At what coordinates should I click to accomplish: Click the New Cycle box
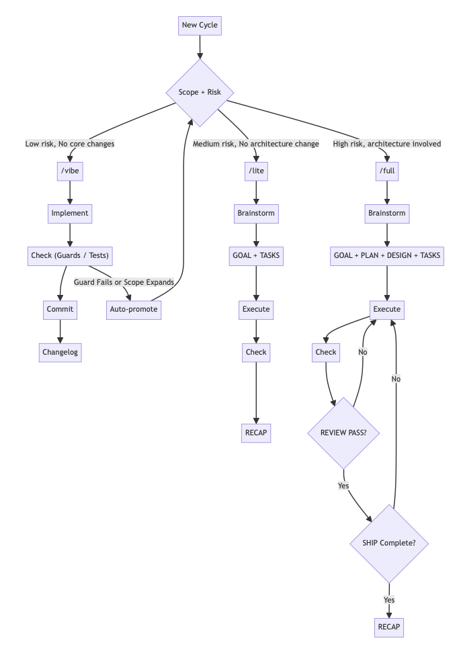(200, 26)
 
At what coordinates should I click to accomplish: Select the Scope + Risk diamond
(200, 92)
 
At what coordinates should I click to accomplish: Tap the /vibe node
(70, 171)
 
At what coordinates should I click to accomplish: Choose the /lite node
(256, 171)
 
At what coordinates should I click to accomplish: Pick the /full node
(387, 171)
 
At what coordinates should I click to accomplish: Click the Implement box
(70, 214)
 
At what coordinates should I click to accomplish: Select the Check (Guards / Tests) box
(70, 255)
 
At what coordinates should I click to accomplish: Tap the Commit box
(60, 309)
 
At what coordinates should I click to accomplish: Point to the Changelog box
(60, 352)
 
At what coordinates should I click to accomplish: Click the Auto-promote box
(134, 309)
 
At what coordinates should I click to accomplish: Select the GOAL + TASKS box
(256, 255)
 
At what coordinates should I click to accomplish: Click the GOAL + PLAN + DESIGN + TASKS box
(387, 255)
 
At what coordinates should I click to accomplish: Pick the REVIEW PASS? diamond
(343, 433)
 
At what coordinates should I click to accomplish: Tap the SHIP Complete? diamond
(389, 543)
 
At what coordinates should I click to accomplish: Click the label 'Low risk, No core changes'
(70, 144)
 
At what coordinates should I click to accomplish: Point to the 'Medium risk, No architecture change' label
(256, 144)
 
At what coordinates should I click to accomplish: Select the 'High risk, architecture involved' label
(387, 144)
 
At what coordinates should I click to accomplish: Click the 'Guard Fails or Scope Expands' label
(124, 282)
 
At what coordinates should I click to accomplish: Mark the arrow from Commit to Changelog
(60, 331)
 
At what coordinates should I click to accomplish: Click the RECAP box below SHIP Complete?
(389, 627)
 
